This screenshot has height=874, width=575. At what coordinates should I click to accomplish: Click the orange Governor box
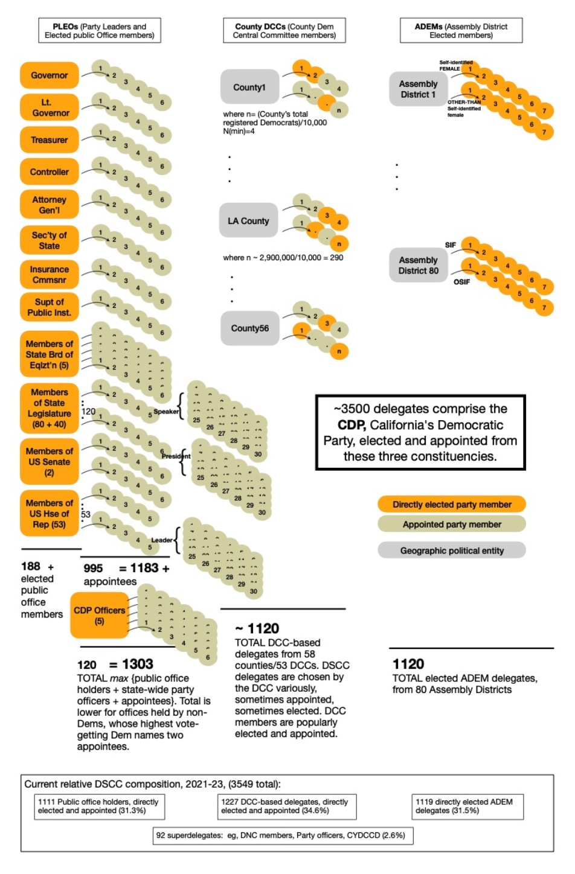point(50,75)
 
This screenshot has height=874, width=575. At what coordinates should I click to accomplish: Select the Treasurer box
point(50,140)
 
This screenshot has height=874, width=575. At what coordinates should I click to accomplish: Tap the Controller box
point(50,172)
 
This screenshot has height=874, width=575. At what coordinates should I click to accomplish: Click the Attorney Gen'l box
point(50,205)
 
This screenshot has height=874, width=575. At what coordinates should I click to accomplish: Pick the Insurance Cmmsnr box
point(50,275)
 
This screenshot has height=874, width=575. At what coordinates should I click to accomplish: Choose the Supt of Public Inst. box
point(50,307)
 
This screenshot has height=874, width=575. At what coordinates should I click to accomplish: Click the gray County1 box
point(249,88)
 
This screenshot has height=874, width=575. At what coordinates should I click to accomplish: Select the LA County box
point(248,221)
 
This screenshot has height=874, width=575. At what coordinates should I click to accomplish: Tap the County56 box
point(249,328)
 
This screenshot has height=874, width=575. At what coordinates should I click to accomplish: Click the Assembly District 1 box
point(418,89)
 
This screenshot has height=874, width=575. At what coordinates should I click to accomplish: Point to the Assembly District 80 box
point(418,266)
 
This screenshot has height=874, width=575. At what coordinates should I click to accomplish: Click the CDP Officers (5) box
point(100,615)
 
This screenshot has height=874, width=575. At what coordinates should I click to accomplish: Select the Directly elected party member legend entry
point(452,505)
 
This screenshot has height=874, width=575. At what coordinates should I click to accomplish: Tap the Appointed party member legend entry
point(452,525)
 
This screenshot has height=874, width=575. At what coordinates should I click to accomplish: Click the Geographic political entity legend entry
point(452,550)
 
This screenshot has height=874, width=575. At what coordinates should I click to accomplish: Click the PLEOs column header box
point(100,31)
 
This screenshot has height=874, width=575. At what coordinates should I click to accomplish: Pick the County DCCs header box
point(284,31)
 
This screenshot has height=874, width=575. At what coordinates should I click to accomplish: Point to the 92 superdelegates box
point(281,835)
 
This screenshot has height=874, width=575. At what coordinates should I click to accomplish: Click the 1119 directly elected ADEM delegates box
point(467,806)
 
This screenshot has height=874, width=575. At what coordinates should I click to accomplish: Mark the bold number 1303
point(138,664)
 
